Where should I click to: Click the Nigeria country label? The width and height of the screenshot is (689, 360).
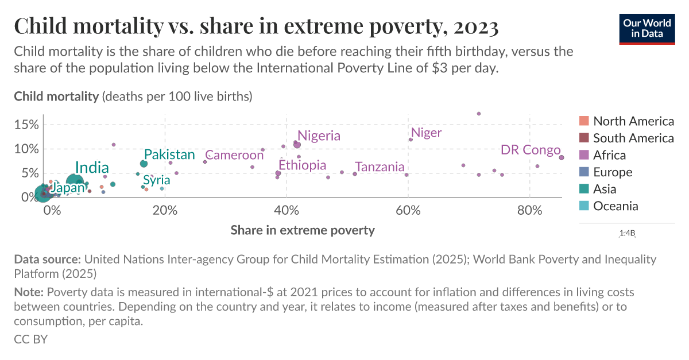coord(319,136)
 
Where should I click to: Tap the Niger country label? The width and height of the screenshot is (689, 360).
coord(427,133)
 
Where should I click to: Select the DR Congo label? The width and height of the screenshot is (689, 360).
coord(530,150)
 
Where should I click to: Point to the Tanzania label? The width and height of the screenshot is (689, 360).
coord(380,167)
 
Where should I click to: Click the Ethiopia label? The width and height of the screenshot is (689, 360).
coord(302,165)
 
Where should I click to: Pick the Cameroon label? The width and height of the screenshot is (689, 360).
coord(234,155)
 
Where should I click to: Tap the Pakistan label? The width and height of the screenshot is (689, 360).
coord(169,154)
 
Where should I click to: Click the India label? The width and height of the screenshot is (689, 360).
coord(92,168)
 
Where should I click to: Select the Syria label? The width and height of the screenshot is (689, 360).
coord(156,180)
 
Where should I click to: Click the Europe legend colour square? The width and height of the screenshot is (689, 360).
coord(584,172)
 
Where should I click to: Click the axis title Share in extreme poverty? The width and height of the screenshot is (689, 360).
coord(303,230)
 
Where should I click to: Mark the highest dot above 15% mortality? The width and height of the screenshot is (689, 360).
coord(479,114)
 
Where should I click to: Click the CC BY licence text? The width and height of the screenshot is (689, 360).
coord(30,339)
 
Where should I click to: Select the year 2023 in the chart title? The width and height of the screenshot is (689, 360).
coord(475,26)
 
